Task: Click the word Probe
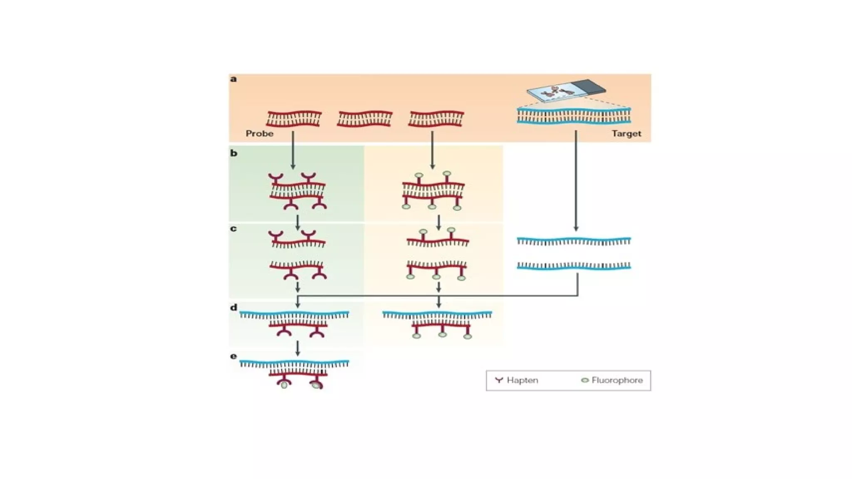259,134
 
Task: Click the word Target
626,134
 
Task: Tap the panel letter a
233,79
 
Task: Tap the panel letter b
234,153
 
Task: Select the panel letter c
233,229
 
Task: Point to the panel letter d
234,308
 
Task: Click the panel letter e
233,356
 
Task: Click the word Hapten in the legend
522,380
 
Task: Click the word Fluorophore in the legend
617,380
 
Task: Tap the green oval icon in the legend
585,380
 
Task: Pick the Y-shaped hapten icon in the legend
499,380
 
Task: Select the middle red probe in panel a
365,119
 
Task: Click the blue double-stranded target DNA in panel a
574,116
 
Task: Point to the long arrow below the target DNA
576,181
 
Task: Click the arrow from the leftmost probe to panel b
293,150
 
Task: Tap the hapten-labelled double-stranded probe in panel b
297,191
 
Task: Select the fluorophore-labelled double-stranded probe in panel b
433,191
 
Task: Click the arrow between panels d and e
297,348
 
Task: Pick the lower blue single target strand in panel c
574,266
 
